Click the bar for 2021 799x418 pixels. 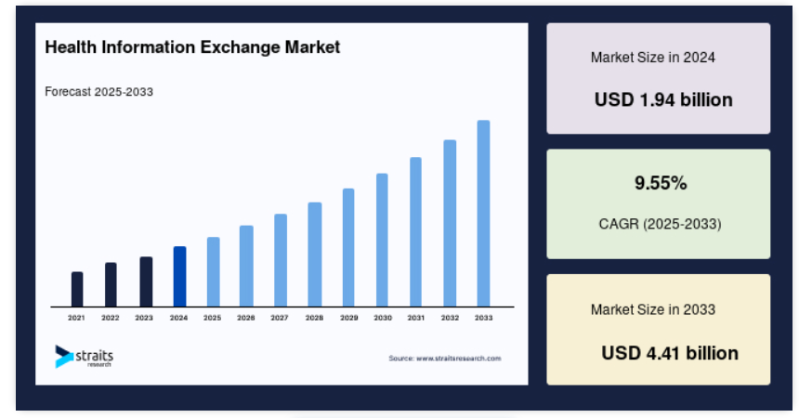coord(77,289)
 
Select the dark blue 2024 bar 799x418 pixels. coord(179,276)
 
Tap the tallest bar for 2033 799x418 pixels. coord(483,214)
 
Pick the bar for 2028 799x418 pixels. coord(314,255)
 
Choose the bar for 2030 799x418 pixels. coord(382,240)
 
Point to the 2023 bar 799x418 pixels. coord(146,281)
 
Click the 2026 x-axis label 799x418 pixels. coord(245,318)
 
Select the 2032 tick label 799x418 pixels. coord(450,318)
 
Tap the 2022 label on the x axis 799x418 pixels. coord(110,318)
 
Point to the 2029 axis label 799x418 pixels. coord(349,318)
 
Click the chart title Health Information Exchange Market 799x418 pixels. coord(192,46)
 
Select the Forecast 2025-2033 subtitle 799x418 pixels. coord(98,92)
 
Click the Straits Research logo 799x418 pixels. coord(84,357)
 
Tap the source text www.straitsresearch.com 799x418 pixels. coord(445,359)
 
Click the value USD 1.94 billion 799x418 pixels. coord(663,100)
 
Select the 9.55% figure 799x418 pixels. coord(661,182)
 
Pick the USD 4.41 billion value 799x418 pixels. coord(670,353)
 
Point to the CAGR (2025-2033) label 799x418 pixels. coord(660,224)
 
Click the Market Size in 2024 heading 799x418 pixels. coord(653,57)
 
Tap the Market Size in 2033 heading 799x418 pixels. coord(653,309)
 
